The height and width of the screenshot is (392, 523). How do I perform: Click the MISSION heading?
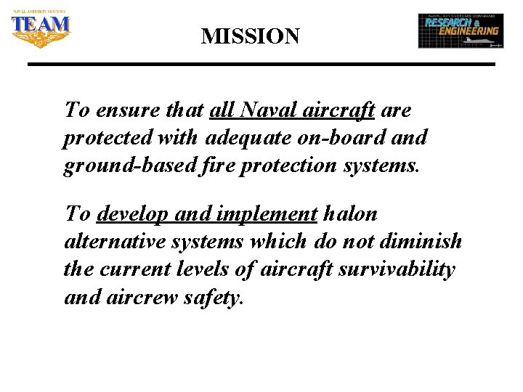point(250,36)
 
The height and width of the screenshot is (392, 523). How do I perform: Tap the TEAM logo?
point(41,29)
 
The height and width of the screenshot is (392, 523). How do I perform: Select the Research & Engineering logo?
point(461,30)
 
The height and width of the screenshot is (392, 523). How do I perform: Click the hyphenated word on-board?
point(340,137)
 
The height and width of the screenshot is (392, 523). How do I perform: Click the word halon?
point(352,215)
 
